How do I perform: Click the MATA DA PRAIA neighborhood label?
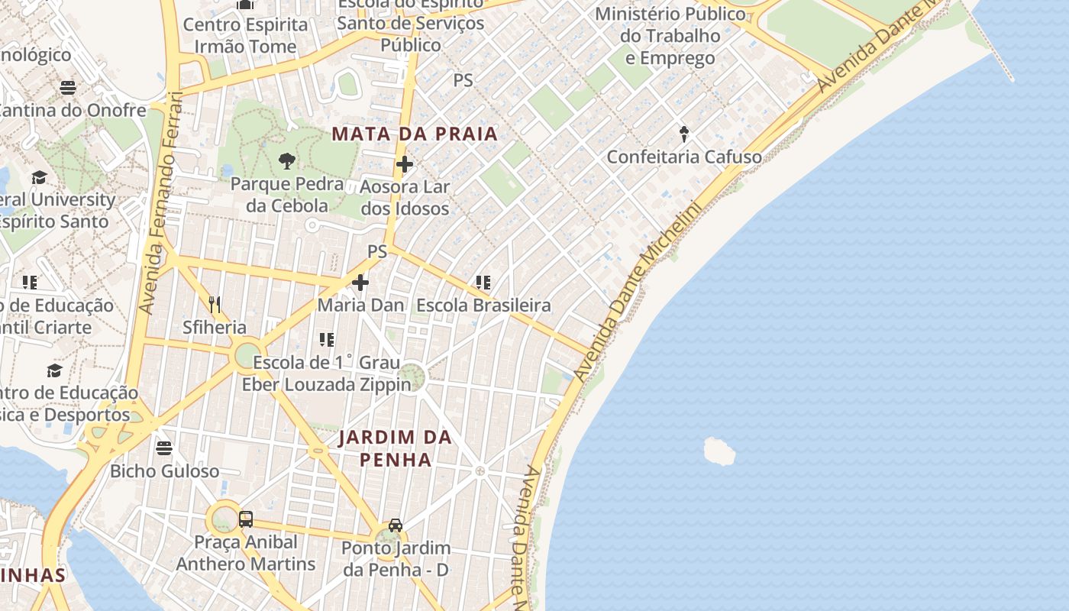415,134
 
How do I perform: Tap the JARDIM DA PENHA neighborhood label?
396,448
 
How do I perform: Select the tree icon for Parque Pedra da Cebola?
287,160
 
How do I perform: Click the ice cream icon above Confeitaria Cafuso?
684,134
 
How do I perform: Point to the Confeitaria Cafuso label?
684,157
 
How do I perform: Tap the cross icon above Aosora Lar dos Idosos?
405,164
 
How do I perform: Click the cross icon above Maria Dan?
360,283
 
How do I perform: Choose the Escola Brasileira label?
483,305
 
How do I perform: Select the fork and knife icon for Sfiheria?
215,305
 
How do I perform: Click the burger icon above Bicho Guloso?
164,448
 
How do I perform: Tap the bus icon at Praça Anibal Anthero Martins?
246,519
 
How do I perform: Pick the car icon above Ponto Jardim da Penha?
396,525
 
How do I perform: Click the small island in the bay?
719,451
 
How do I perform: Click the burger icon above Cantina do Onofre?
68,87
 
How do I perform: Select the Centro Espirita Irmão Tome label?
245,35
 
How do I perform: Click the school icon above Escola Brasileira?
483,283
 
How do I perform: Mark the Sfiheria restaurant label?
215,328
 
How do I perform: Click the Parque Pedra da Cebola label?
287,195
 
